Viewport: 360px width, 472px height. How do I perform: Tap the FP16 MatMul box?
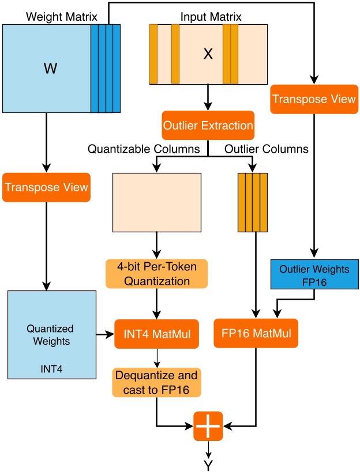[256, 333]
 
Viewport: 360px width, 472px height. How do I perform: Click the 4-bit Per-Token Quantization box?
[156, 274]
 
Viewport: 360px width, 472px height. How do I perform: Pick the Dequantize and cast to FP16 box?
[156, 383]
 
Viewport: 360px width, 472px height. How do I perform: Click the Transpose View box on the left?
[46, 187]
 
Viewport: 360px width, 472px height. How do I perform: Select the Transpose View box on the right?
[314, 99]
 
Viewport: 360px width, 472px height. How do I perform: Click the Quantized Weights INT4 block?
[51, 335]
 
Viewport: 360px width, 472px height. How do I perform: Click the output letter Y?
[208, 462]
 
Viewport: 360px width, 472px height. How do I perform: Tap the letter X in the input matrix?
[208, 55]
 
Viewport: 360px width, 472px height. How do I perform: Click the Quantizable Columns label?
[144, 149]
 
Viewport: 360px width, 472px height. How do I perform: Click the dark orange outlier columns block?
[253, 202]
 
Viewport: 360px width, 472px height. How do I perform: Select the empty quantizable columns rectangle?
[156, 202]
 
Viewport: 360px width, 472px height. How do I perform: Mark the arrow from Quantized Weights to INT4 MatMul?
[105, 334]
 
